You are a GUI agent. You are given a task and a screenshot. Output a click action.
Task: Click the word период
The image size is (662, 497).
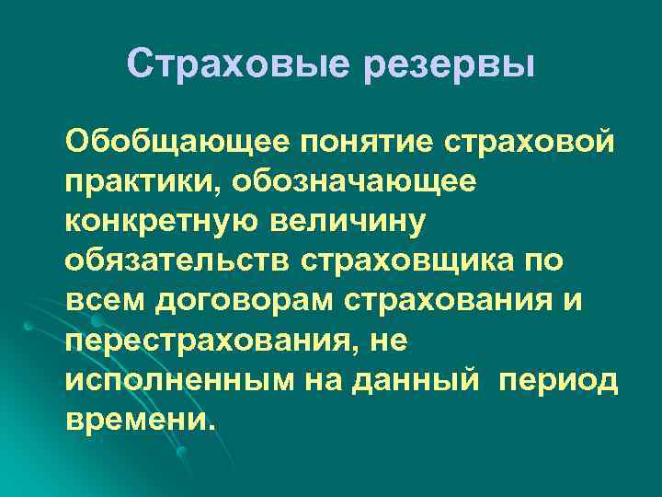coord(559,379)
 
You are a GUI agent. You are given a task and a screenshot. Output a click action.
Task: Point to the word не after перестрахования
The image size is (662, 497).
coord(385,340)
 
